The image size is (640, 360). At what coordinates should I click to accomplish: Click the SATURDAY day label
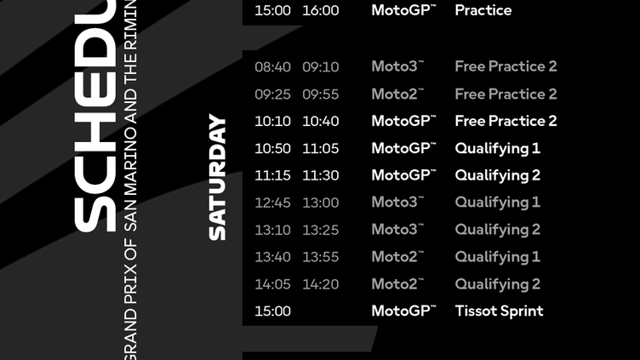click(218, 177)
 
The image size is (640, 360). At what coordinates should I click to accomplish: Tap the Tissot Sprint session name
click(499, 311)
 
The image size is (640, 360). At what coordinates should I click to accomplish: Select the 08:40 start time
click(272, 66)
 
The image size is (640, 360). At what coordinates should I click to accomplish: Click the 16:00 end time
click(320, 10)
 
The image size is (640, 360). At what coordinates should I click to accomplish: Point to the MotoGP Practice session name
click(483, 10)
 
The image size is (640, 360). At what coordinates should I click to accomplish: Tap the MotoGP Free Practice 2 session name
click(506, 121)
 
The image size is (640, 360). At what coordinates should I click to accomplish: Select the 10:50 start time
click(272, 148)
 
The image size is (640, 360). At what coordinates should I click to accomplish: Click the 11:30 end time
click(320, 175)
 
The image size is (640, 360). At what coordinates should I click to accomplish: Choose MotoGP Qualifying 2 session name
click(497, 175)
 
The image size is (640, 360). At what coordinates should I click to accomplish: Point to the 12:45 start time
click(272, 203)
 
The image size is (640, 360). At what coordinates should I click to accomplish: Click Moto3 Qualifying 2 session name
click(497, 230)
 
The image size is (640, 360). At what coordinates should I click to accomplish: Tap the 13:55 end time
click(320, 257)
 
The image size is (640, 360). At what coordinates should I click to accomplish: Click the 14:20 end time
click(320, 284)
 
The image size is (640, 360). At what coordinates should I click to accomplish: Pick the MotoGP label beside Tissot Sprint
click(403, 311)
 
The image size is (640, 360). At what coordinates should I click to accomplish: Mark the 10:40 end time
click(320, 121)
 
